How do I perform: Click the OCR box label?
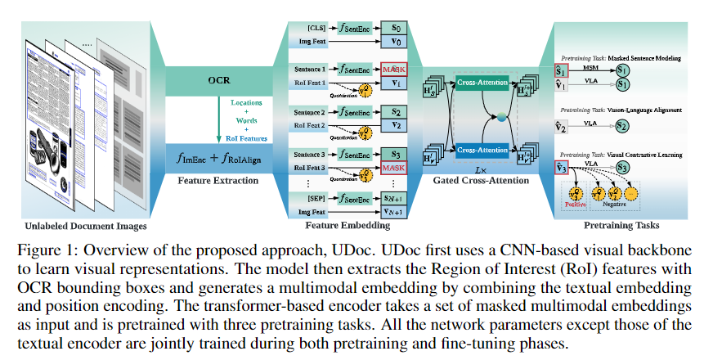(219, 81)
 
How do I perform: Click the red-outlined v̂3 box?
(563, 168)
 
